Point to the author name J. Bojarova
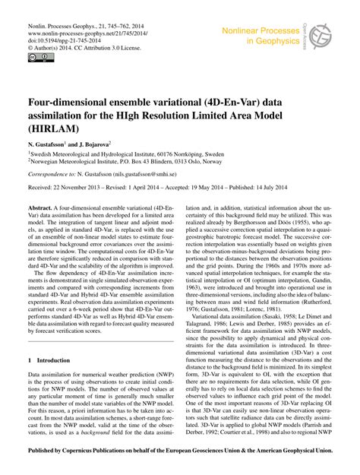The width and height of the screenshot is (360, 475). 111,144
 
